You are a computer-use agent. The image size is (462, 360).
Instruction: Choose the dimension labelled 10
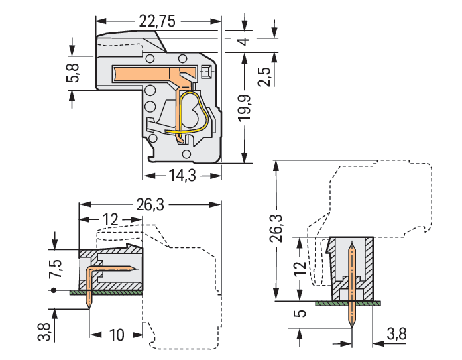[x=116, y=334]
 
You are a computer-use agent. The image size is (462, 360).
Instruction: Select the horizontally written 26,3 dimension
[x=149, y=206]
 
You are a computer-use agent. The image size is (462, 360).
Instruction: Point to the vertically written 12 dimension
[x=300, y=269]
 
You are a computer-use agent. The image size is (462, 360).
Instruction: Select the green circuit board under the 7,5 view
[x=106, y=291]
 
